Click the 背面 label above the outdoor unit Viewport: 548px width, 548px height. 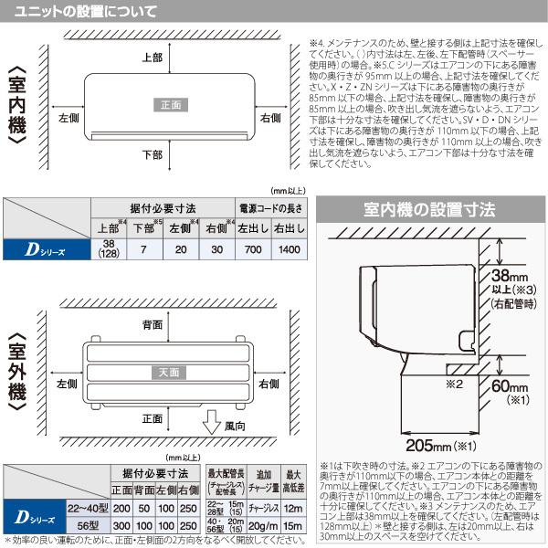point(153,324)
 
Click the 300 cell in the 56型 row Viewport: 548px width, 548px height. point(121,527)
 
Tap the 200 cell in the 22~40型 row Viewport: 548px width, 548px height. point(121,507)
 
